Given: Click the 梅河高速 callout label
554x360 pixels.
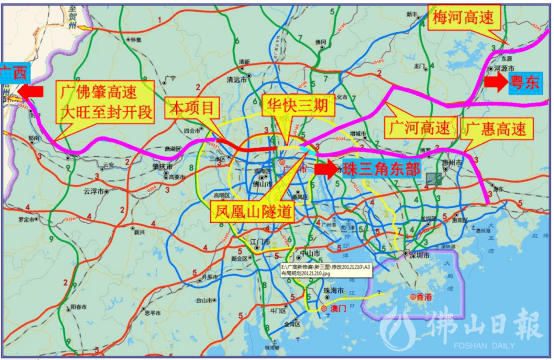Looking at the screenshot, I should (463, 19).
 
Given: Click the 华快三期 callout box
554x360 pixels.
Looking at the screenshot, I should (295, 106).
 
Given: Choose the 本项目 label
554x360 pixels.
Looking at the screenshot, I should (190, 106).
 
